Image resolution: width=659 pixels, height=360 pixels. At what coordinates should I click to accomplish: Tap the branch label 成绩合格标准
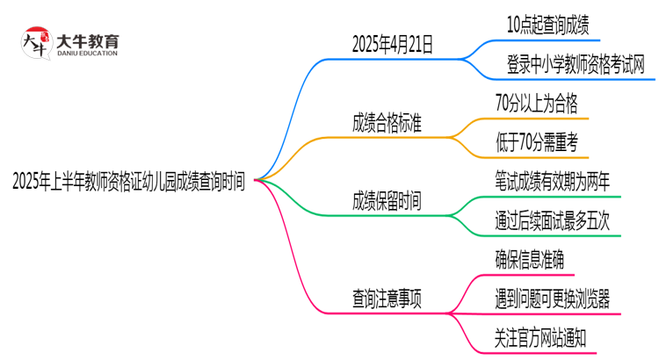(386, 123)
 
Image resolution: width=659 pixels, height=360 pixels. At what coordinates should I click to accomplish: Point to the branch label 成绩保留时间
(386, 201)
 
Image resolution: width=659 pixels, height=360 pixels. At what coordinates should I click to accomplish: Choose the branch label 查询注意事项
(386, 299)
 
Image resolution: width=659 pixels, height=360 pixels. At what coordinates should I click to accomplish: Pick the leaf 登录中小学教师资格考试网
(576, 63)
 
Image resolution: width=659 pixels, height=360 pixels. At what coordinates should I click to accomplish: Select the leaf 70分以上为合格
(536, 104)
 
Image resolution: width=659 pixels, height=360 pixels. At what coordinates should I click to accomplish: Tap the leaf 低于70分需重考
(536, 142)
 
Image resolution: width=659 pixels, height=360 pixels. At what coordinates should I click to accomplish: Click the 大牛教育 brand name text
(87, 40)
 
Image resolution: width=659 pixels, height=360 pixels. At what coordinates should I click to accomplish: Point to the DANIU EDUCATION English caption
(87, 54)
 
